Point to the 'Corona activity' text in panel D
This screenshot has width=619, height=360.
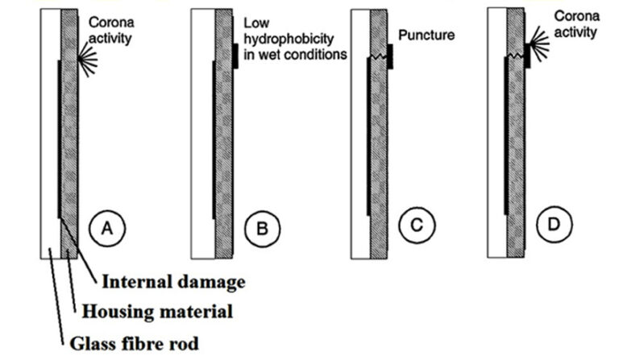[x=575, y=25]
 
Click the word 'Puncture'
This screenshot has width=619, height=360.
[x=426, y=35]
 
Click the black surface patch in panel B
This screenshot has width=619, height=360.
[x=235, y=55]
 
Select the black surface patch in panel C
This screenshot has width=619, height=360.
[x=389, y=57]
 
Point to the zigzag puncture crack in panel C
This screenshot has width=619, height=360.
[x=377, y=56]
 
